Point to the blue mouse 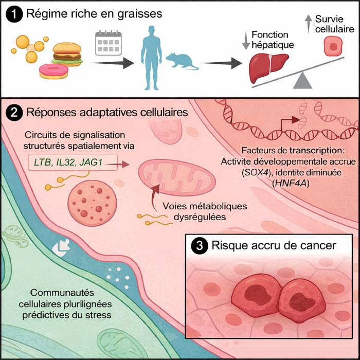coord(182,63)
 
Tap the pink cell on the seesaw coord(333,49)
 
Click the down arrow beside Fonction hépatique coord(244,41)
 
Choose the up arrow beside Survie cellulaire coord(308,21)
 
